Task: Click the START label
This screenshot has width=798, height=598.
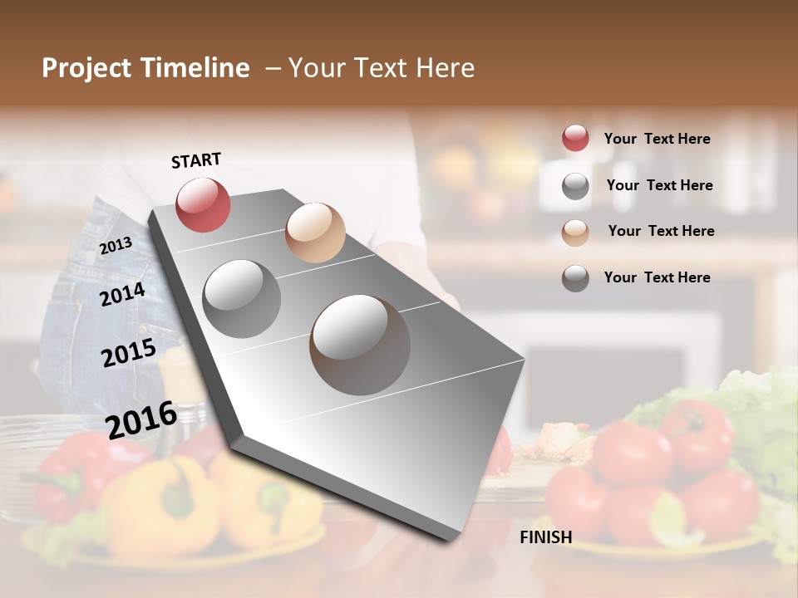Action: [x=196, y=160]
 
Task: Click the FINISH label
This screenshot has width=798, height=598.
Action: [x=545, y=537]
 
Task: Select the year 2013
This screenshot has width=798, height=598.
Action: [x=116, y=245]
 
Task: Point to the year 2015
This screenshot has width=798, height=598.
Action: [x=128, y=353]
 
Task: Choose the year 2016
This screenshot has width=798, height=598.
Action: [x=141, y=419]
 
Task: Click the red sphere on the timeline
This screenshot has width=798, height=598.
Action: [x=203, y=204]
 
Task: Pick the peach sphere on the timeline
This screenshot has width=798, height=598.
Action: [x=315, y=232]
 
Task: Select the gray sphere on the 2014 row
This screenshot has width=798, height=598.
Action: [x=241, y=298]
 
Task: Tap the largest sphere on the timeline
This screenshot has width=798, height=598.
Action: [x=360, y=345]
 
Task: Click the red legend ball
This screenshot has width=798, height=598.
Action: [x=575, y=138]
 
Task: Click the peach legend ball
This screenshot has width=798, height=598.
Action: [x=575, y=233]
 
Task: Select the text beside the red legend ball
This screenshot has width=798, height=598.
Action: [x=657, y=139]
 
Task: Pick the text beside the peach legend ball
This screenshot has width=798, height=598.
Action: [x=661, y=231]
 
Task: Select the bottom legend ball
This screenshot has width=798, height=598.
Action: [x=575, y=278]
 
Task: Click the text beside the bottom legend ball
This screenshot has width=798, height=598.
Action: [x=657, y=277]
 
